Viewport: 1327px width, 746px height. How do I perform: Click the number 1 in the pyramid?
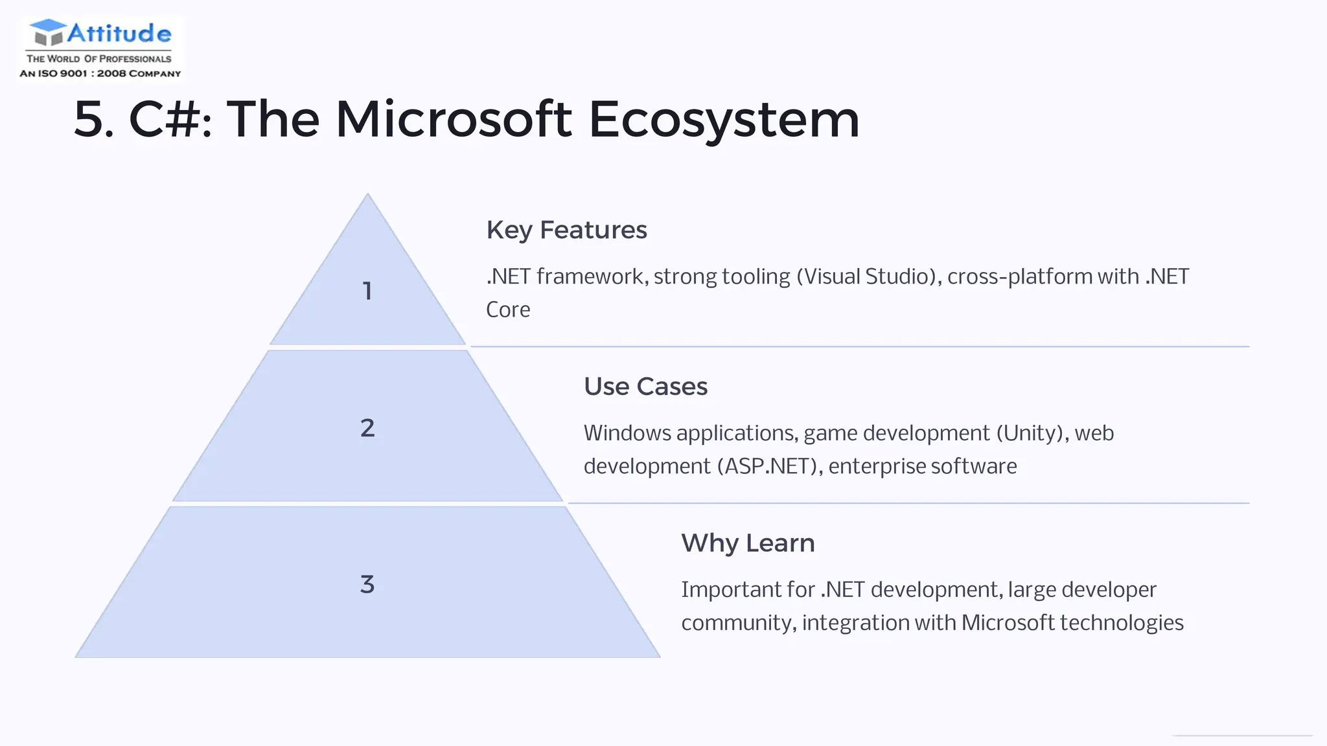(367, 291)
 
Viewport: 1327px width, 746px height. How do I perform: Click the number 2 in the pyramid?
(367, 428)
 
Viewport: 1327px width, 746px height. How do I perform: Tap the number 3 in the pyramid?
(367, 585)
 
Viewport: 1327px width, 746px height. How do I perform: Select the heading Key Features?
(566, 230)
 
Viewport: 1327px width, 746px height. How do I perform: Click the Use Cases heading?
(645, 387)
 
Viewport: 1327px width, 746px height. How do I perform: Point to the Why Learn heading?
(748, 543)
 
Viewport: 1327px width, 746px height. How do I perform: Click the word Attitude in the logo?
(119, 33)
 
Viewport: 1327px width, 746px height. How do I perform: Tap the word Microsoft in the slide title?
(454, 120)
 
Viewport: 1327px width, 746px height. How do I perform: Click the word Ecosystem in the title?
(724, 120)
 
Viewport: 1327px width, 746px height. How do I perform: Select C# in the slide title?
(165, 120)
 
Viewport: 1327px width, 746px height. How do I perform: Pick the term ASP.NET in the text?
(767, 466)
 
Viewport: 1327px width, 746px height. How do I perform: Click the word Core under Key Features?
(508, 310)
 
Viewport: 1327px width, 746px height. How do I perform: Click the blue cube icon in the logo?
(48, 32)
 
